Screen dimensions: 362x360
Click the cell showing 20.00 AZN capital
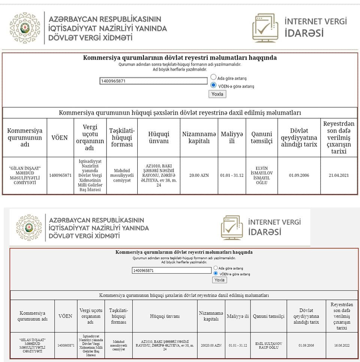pyautogui.click(x=199, y=175)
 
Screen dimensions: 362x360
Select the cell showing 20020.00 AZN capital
pyautogui.click(x=211, y=345)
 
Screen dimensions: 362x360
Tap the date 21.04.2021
pyautogui.click(x=339, y=175)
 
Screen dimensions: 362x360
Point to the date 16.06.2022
pyautogui.click(x=342, y=345)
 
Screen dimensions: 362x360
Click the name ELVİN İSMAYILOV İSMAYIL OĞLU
pyautogui.click(x=261, y=175)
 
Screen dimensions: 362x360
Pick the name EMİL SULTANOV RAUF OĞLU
pyautogui.click(x=268, y=345)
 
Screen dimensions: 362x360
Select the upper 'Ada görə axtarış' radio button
pyautogui.click(x=213, y=77)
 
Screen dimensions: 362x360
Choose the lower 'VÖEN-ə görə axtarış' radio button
pyautogui.click(x=216, y=274)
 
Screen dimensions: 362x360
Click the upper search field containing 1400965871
pyautogui.click(x=153, y=81)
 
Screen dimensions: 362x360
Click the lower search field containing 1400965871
pyautogui.click(x=172, y=270)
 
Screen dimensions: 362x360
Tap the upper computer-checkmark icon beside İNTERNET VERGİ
pyautogui.click(x=265, y=28)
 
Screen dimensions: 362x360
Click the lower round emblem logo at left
pyautogui.click(x=29, y=227)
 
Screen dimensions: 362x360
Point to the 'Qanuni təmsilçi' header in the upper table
pyautogui.click(x=261, y=138)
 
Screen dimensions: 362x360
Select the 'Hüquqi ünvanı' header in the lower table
pyautogui.click(x=165, y=316)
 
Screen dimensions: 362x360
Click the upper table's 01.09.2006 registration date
pyautogui.click(x=299, y=175)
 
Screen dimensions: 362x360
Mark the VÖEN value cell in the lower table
pyautogui.click(x=66, y=345)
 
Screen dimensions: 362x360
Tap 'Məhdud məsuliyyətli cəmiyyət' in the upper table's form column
pyautogui.click(x=122, y=175)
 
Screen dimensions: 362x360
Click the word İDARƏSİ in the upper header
pyautogui.click(x=304, y=33)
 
